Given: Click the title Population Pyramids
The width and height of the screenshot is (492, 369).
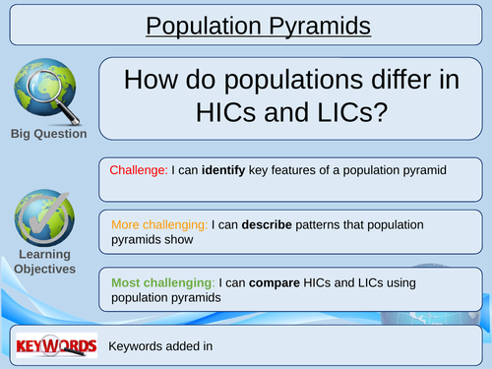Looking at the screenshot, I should [x=258, y=25].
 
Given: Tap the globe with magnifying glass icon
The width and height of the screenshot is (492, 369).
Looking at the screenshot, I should [x=47, y=91].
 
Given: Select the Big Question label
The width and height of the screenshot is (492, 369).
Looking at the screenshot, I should [x=48, y=134].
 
